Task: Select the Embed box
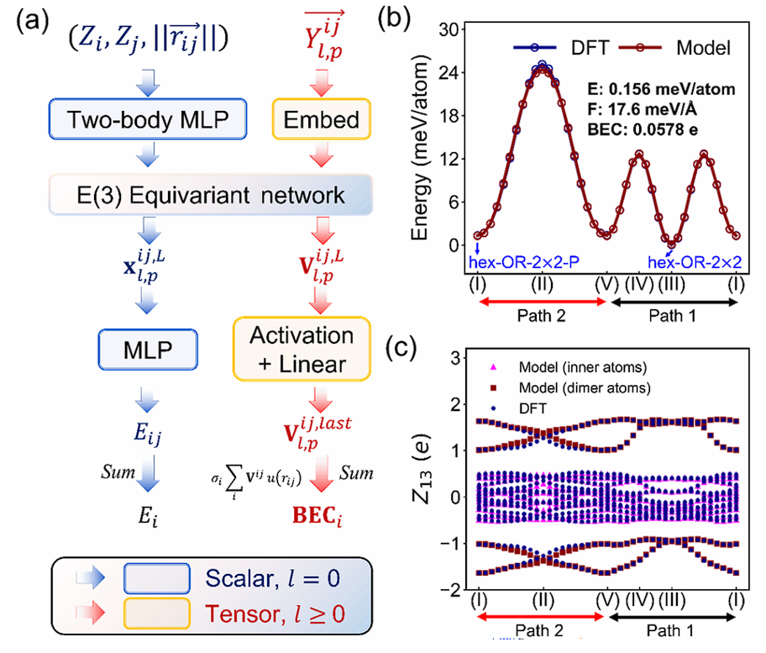coord(321,120)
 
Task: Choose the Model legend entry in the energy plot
coord(679,49)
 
